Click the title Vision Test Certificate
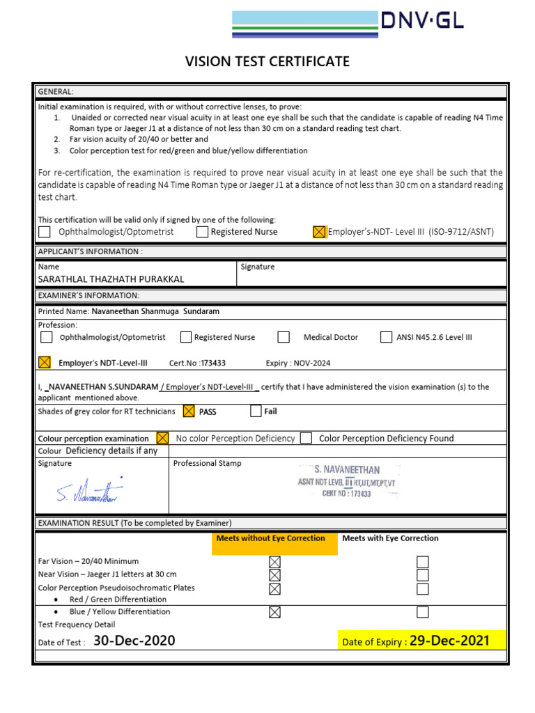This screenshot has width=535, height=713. (267, 62)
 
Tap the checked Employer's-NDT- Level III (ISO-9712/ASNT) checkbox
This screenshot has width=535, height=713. (319, 232)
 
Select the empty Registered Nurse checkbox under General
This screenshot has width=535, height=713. (202, 232)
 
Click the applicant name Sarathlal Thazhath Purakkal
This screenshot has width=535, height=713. (111, 279)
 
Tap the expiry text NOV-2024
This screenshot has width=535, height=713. (311, 363)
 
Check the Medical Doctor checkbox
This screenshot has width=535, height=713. (284, 337)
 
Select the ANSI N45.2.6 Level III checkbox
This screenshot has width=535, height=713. (386, 337)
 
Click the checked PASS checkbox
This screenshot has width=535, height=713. (188, 412)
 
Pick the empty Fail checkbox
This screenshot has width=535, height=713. (256, 412)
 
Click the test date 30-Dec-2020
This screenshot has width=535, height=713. (134, 641)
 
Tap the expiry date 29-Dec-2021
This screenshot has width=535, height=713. (449, 641)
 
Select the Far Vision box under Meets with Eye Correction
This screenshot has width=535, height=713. (422, 562)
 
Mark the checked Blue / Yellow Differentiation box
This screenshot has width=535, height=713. (274, 612)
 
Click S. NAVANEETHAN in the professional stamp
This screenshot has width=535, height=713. (347, 470)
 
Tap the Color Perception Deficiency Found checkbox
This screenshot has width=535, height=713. (306, 438)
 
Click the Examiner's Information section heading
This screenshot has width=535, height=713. (88, 296)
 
